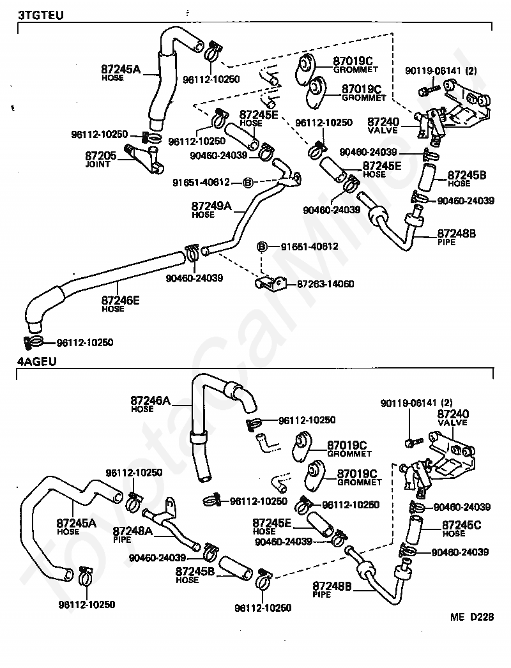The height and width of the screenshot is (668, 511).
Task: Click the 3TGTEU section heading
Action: [x=40, y=15]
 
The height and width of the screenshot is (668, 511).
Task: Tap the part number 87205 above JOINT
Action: [x=100, y=156]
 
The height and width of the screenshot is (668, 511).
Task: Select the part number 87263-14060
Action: [x=325, y=284]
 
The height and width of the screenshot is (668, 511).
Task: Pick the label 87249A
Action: [x=211, y=206]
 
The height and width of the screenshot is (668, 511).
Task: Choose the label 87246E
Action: [x=120, y=300]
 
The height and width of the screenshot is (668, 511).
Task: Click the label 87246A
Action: [x=150, y=400]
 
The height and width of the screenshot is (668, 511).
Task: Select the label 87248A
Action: [x=133, y=531]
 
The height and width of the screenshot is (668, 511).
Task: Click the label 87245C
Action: [x=461, y=526]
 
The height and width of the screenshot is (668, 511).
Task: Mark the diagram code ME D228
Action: [x=472, y=617]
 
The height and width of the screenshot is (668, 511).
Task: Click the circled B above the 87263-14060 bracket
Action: [x=262, y=247]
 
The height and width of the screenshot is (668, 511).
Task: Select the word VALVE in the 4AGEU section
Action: [x=453, y=423]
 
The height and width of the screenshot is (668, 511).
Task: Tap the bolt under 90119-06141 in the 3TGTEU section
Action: [x=429, y=90]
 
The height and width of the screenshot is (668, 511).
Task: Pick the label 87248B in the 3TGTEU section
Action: [x=457, y=234]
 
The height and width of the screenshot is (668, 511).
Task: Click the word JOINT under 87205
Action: [x=98, y=164]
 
